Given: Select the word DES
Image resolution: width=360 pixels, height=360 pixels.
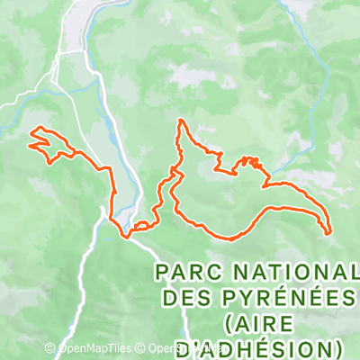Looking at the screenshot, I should [x=185, y=297].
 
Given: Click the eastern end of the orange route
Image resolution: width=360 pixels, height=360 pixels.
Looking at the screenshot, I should [x=330, y=231].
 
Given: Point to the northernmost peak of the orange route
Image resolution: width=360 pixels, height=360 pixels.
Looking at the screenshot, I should [x=181, y=120].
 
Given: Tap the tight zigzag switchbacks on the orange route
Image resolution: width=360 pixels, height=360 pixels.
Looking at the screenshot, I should [x=250, y=162].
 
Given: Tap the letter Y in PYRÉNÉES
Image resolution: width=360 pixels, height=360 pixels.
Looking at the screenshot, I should [x=242, y=297].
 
